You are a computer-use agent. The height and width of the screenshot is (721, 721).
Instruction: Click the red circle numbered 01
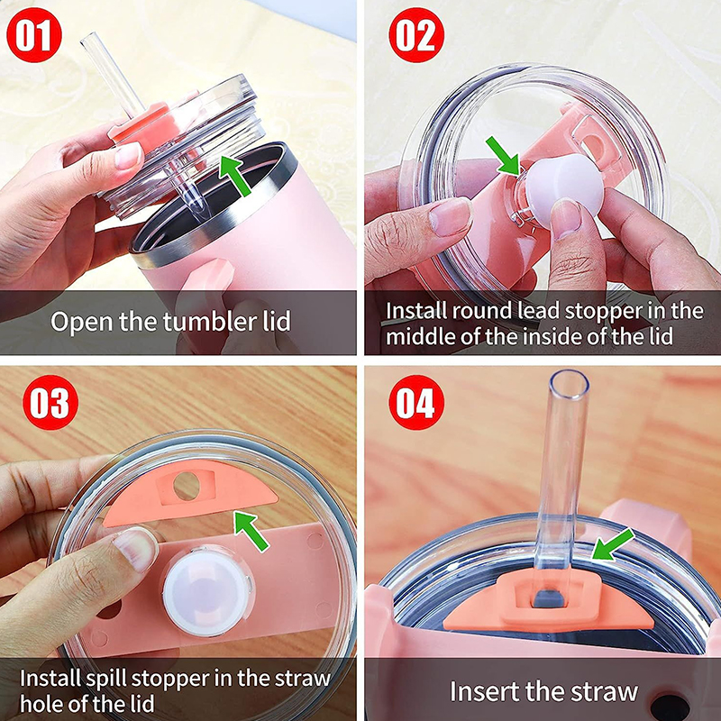click(34, 35)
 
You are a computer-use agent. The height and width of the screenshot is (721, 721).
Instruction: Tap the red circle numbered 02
click(416, 35)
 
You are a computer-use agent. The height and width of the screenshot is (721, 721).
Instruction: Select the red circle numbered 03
click(50, 402)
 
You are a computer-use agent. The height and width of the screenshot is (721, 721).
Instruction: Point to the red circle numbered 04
click(416, 402)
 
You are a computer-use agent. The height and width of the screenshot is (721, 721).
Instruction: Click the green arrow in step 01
click(235, 175)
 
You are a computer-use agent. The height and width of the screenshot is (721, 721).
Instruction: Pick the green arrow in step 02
click(503, 155)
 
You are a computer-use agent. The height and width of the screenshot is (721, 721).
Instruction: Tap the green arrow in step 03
click(251, 531)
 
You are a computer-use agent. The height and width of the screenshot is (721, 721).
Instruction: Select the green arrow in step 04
click(613, 544)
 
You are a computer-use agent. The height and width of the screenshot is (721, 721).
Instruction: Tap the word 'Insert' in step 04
click(484, 691)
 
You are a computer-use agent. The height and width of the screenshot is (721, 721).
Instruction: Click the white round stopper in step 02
click(564, 181)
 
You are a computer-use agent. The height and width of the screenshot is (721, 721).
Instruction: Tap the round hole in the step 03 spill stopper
click(187, 486)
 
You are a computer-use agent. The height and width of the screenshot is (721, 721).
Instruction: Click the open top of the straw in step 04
click(569, 382)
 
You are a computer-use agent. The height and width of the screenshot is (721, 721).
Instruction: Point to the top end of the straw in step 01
click(88, 39)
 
